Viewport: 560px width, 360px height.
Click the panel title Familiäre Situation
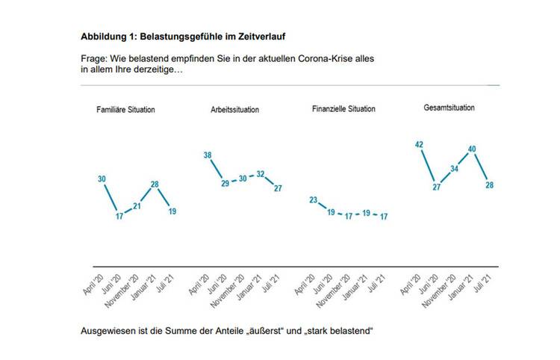[x=125, y=110]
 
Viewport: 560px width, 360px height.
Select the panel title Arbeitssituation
[x=235, y=110]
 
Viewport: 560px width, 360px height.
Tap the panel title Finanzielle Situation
[x=343, y=109]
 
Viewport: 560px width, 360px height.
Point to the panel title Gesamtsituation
[x=449, y=108]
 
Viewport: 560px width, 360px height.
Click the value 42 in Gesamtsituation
[x=419, y=145]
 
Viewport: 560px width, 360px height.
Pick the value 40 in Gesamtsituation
[x=472, y=149]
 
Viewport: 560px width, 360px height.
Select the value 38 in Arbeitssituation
[x=208, y=155]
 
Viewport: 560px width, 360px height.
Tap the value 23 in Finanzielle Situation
[x=314, y=199]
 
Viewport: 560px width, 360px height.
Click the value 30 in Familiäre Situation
[x=102, y=179]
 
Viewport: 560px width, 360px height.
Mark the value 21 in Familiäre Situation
[x=137, y=206]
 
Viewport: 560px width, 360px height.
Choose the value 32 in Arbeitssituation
[x=261, y=174]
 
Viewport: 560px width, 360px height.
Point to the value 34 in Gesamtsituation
[x=454, y=168]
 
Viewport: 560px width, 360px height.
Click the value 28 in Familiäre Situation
[x=155, y=184]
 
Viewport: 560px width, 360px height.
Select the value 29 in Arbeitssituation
[x=225, y=182]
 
